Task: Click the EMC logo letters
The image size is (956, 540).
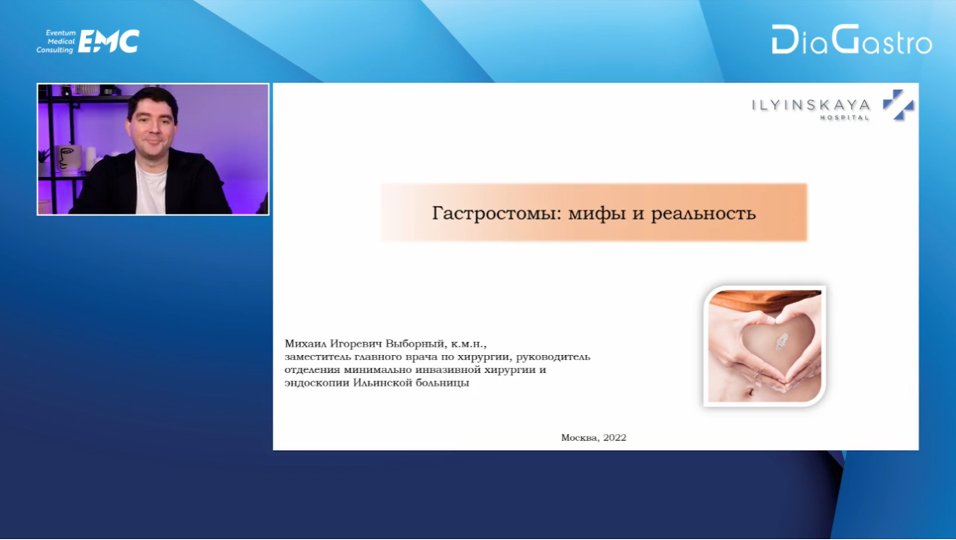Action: pyautogui.click(x=109, y=42)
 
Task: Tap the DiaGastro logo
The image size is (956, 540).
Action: pyautogui.click(x=851, y=39)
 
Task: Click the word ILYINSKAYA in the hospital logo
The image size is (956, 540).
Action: pyautogui.click(x=810, y=105)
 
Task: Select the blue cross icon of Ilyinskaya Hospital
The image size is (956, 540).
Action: pyautogui.click(x=899, y=105)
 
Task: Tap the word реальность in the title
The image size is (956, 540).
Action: pyautogui.click(x=703, y=213)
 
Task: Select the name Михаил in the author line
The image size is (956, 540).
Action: pyautogui.click(x=306, y=344)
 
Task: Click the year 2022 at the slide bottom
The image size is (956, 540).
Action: pyautogui.click(x=615, y=437)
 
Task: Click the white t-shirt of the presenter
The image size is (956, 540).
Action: pyautogui.click(x=151, y=187)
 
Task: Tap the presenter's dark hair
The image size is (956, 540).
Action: pyautogui.click(x=152, y=101)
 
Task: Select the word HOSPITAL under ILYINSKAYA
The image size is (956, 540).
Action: pyautogui.click(x=844, y=118)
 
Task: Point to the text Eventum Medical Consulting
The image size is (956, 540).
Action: pyautogui.click(x=56, y=42)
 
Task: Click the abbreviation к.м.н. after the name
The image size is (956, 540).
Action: pyautogui.click(x=469, y=344)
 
